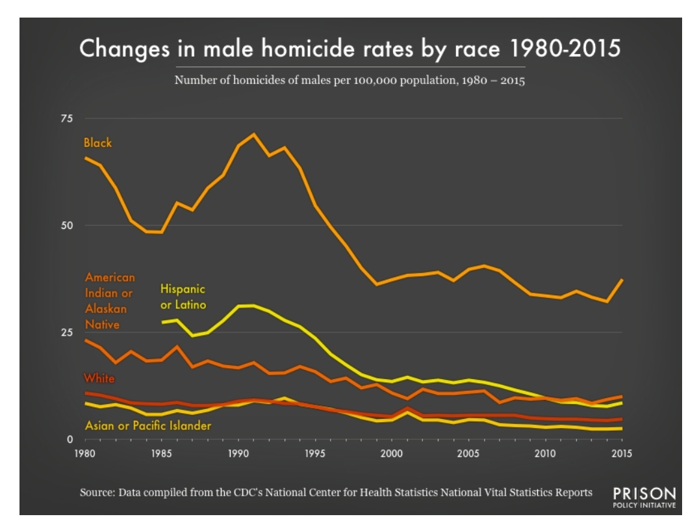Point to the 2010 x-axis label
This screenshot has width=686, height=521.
[x=545, y=453]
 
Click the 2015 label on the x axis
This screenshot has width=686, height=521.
[x=622, y=453]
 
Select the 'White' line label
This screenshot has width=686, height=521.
[x=98, y=378]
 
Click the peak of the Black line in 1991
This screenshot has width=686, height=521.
[x=254, y=134]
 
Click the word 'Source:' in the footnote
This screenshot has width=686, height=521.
[x=97, y=492]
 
